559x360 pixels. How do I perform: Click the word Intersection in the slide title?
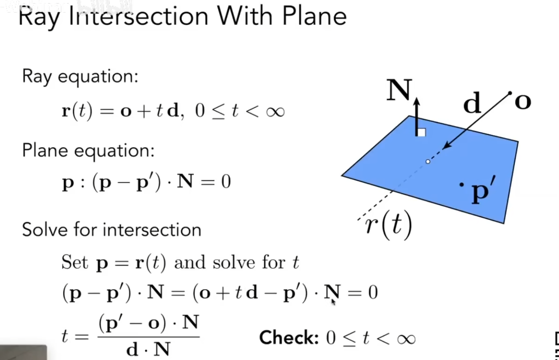(x=138, y=17)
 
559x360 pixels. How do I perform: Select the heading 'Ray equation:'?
(x=80, y=76)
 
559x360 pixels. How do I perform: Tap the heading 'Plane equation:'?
(x=88, y=151)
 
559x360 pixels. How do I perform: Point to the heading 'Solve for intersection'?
(x=112, y=230)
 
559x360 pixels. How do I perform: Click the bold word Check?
(x=289, y=338)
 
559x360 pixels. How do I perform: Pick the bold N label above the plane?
(x=399, y=90)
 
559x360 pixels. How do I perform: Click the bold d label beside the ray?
(x=472, y=103)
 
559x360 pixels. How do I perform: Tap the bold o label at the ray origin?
(x=523, y=101)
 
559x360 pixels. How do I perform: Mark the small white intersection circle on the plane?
(x=428, y=162)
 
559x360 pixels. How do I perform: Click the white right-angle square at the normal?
(x=422, y=132)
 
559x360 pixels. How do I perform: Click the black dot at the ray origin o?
(x=510, y=93)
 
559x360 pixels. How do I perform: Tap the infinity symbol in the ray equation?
(x=275, y=111)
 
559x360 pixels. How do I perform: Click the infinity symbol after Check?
(x=406, y=338)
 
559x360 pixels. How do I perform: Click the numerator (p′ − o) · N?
(x=148, y=323)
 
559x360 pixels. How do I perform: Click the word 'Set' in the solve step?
(x=75, y=262)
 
